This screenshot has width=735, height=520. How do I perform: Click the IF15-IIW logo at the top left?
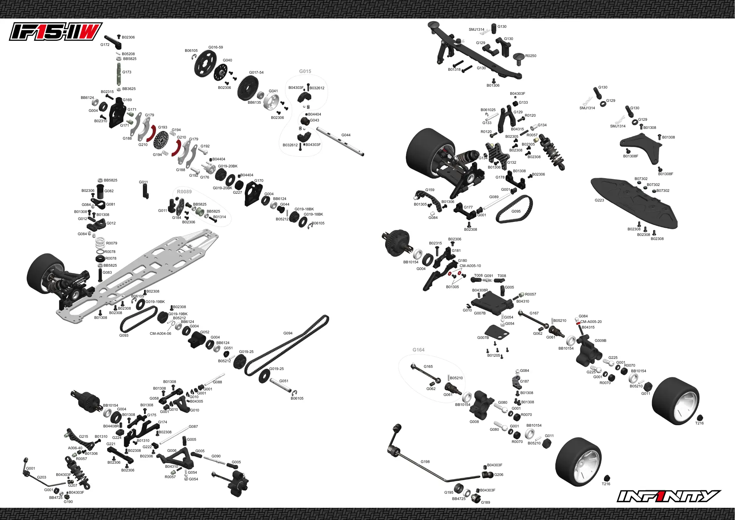click(56, 31)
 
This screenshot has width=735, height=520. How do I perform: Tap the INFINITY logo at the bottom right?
click(669, 496)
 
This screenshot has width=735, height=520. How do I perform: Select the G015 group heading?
click(305, 71)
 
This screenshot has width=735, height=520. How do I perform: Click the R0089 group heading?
click(184, 191)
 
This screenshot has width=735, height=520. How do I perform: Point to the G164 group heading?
click(418, 350)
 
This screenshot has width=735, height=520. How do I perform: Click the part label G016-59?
click(216, 47)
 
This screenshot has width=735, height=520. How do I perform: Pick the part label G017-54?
click(256, 73)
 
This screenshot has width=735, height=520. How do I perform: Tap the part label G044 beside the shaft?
click(346, 135)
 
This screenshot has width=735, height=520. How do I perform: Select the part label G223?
click(599, 200)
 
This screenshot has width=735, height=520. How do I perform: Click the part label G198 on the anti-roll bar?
click(425, 462)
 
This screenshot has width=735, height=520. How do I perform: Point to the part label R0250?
click(531, 56)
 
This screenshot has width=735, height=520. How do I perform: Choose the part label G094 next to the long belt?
click(288, 333)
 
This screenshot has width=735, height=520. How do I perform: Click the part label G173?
click(127, 72)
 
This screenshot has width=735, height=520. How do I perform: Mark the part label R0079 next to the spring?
click(111, 243)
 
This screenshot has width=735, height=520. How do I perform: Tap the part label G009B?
click(601, 341)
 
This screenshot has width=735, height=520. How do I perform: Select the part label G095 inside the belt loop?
click(516, 211)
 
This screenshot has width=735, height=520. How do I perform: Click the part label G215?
click(83, 437)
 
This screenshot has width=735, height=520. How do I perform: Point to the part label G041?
click(273, 91)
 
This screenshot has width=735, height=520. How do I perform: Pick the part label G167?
click(534, 313)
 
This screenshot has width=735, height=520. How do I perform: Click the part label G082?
click(109, 191)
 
